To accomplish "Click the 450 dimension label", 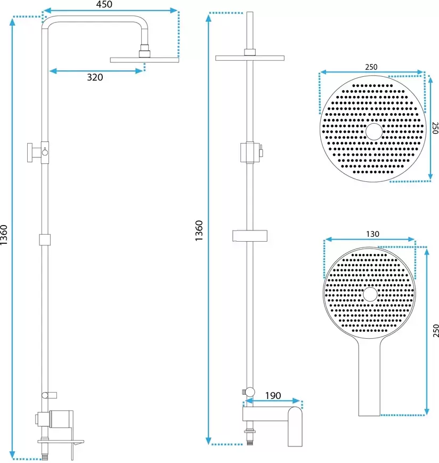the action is [104, 4].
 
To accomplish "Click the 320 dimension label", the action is [95, 77].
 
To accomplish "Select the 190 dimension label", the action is [273, 396].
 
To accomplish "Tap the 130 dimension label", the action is [372, 234].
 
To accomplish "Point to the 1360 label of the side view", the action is [4, 235].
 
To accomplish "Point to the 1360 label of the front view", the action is [199, 230].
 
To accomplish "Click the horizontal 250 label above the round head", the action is [371, 67].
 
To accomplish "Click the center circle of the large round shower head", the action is [374, 131].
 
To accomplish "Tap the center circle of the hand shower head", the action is [370, 294].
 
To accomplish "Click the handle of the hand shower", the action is [369, 378].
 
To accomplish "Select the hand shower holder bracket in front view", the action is [250, 236].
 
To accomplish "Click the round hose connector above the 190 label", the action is [249, 392].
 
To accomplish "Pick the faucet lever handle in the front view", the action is [295, 427].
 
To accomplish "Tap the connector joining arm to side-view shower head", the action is [144, 51].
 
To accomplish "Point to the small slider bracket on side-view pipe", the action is [45, 240].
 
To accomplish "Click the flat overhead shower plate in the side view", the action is [144, 60].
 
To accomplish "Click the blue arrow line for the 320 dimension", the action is [96, 71].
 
